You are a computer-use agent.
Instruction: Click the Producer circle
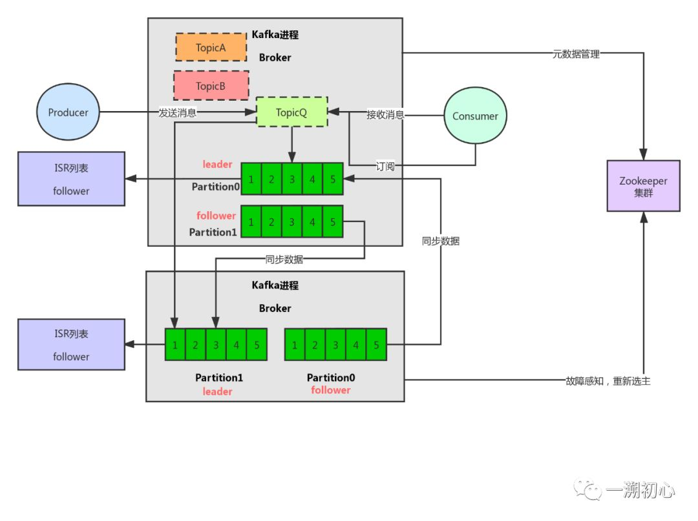click(x=68, y=112)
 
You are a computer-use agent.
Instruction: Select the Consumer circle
click(x=475, y=116)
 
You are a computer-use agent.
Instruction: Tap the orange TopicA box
click(x=211, y=47)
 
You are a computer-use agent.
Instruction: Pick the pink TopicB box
click(x=211, y=86)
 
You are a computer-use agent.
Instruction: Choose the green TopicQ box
click(x=291, y=112)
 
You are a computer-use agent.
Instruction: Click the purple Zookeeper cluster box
click(x=643, y=186)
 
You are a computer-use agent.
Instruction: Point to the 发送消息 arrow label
click(x=178, y=113)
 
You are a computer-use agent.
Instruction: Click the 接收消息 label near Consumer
click(x=386, y=115)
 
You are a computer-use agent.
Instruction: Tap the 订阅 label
click(x=385, y=166)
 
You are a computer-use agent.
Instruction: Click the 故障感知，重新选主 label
click(x=608, y=381)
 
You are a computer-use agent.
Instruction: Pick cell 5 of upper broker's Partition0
click(x=333, y=179)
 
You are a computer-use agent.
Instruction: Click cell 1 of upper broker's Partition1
click(x=251, y=221)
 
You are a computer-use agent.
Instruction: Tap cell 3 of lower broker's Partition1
click(x=216, y=345)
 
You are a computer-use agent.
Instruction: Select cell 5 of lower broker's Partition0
click(x=376, y=345)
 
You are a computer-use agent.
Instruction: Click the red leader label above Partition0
click(x=217, y=164)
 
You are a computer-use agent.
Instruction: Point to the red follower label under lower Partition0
click(x=330, y=390)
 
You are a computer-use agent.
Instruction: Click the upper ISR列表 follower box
click(x=71, y=179)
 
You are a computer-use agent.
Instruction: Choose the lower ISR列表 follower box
click(x=71, y=344)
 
